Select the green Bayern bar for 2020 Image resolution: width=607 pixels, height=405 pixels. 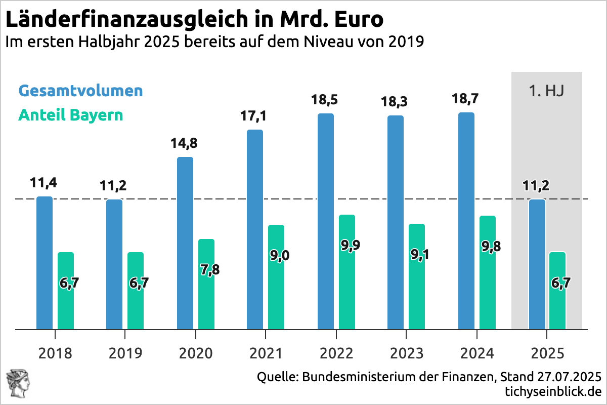tap(206, 284)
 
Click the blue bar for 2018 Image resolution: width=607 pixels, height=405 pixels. tap(45, 263)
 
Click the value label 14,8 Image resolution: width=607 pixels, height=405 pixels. tap(185, 143)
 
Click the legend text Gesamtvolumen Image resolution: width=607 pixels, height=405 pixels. tap(81, 91)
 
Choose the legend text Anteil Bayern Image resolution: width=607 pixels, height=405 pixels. tap(71, 115)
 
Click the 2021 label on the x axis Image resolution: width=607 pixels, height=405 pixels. tap(265, 353)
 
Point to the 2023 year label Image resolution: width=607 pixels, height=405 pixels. tap(405, 353)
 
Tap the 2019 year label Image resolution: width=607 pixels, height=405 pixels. tap(125, 353)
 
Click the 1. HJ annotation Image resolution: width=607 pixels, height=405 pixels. tap(547, 92)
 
